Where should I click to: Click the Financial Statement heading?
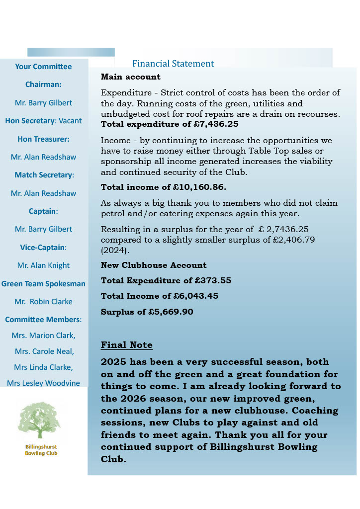[173, 64]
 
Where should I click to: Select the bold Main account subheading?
[130, 77]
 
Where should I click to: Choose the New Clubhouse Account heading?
[154, 265]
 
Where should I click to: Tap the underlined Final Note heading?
[126, 345]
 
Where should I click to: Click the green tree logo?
[39, 421]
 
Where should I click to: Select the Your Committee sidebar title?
[43, 67]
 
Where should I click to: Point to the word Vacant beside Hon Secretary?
[70, 121]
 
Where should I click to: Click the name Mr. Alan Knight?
[43, 265]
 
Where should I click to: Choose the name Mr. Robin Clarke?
[43, 302]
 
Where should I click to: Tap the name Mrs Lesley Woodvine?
[43, 383]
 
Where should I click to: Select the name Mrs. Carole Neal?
[44, 351]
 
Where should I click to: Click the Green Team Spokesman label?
[43, 284]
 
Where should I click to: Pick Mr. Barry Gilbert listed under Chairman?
[43, 103]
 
